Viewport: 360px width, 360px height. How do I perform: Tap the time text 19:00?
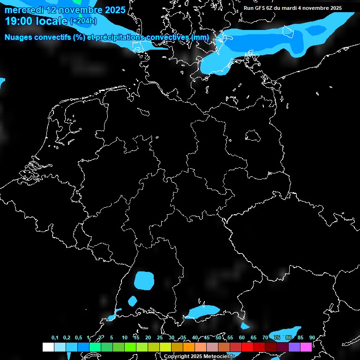tap(19, 21)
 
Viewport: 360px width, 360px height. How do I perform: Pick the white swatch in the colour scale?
tap(48, 347)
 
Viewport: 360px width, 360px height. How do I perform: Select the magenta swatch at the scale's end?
tap(306, 347)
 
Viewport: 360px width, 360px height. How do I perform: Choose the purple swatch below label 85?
tap(294, 347)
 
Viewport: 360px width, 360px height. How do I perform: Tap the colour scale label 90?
tap(312, 338)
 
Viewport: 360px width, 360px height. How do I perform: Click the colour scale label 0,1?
tap(55, 338)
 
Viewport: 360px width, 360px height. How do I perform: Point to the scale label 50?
tap(218, 338)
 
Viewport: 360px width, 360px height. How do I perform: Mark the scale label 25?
tap(160, 338)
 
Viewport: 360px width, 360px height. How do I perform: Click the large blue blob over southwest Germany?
tap(144, 280)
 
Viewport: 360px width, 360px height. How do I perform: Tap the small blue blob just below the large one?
tap(133, 300)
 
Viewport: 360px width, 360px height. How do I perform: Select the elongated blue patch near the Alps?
tap(203, 311)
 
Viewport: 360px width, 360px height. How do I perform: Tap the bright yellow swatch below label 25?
tap(165, 347)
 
